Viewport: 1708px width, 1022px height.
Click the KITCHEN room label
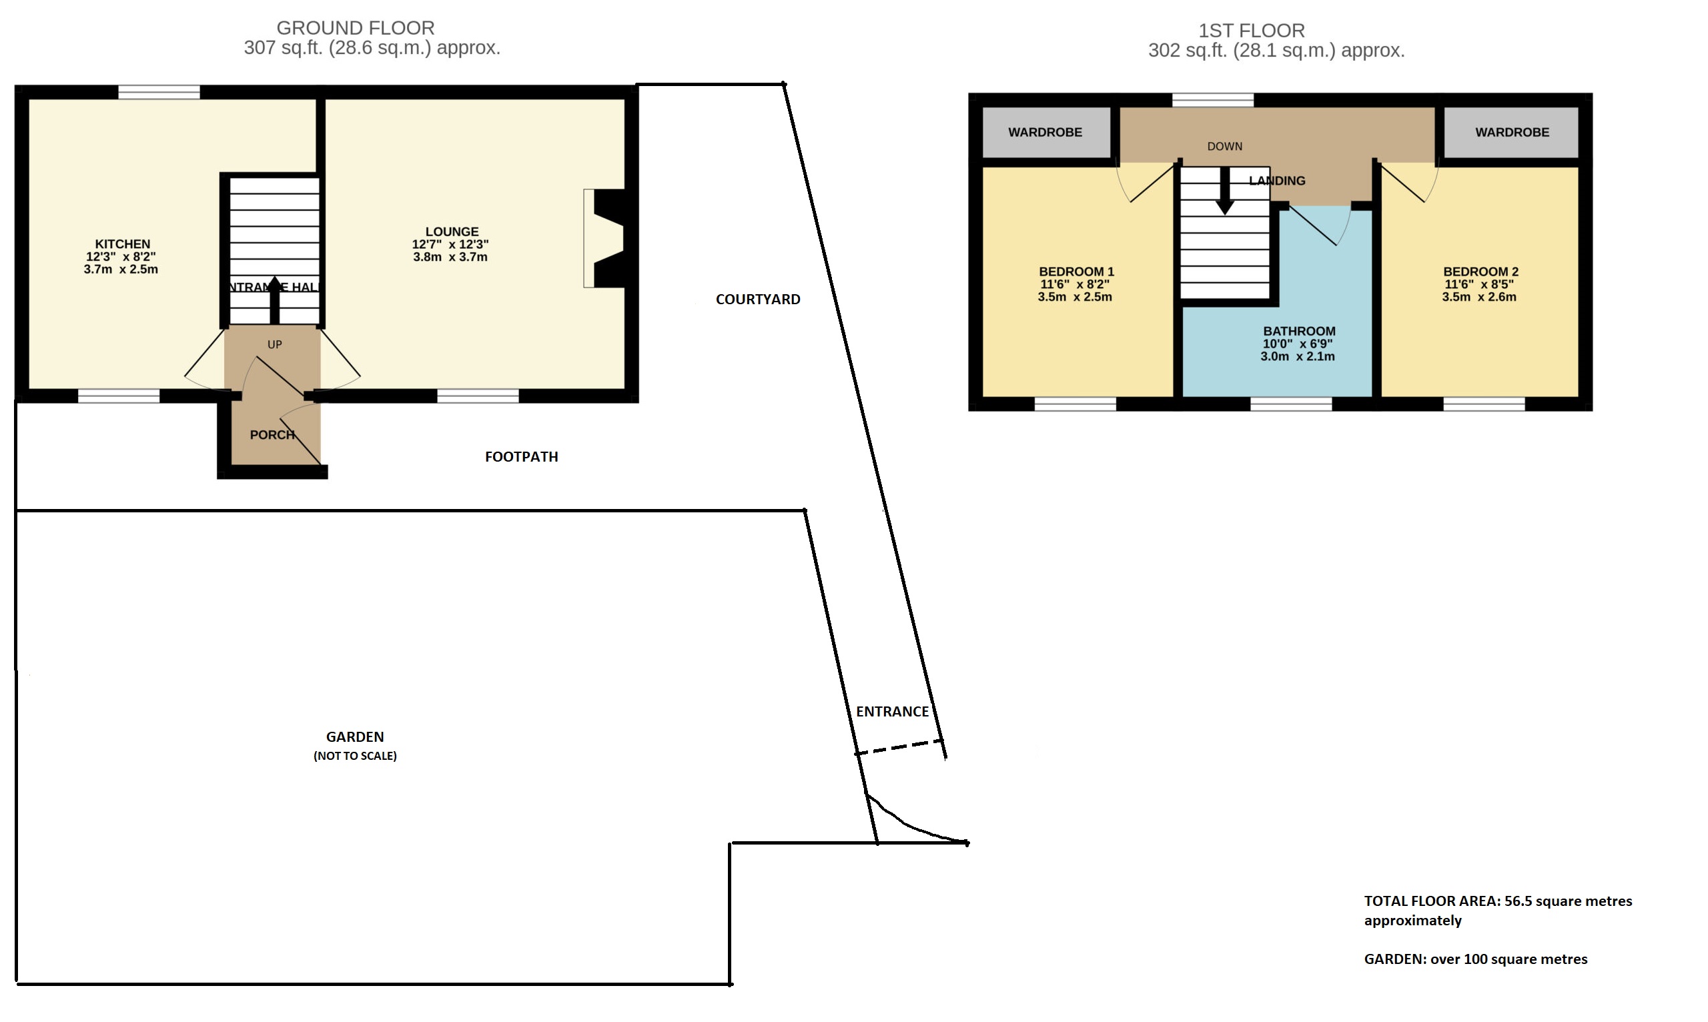click(123, 243)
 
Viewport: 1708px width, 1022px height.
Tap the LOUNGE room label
click(452, 232)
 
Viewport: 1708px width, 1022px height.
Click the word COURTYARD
click(757, 300)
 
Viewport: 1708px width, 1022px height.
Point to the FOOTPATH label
click(521, 457)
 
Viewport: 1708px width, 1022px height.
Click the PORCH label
click(272, 435)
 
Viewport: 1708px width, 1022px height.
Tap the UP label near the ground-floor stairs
click(275, 345)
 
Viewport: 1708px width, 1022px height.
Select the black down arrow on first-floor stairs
click(1224, 191)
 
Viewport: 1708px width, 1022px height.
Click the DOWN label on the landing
click(1224, 147)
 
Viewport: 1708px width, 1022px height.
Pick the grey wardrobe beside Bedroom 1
click(1046, 132)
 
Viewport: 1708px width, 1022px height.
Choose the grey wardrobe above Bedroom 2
click(1511, 132)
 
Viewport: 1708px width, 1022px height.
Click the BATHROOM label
click(1299, 332)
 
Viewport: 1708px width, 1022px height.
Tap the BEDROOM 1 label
click(1076, 272)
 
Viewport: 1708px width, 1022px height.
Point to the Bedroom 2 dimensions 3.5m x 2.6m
click(1479, 298)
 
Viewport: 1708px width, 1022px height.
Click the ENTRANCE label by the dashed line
click(893, 712)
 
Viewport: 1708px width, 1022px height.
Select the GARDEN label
click(355, 737)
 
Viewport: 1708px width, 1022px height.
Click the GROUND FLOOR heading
click(356, 28)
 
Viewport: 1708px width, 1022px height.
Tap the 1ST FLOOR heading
click(1252, 31)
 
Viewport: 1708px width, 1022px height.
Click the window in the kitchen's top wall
click(159, 92)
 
